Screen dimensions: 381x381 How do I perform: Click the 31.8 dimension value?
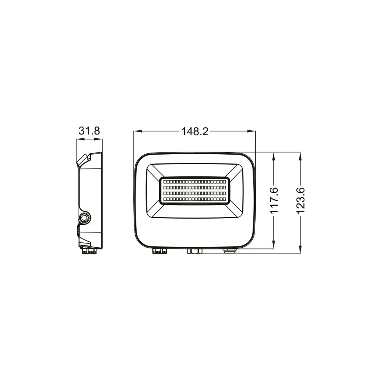tap(89, 131)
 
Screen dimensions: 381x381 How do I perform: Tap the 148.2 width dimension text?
tap(195, 131)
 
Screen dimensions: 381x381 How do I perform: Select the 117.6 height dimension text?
tap(274, 200)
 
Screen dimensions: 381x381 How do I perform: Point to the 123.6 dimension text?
tap(301, 200)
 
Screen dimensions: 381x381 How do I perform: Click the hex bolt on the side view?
tap(84, 217)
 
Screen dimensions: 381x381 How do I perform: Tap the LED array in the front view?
tap(194, 190)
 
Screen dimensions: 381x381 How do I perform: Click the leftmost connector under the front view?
tap(160, 251)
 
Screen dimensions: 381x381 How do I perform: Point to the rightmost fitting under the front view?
tap(229, 250)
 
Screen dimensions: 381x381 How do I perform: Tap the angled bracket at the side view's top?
tap(84, 159)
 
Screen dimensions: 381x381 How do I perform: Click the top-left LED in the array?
tap(165, 182)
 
